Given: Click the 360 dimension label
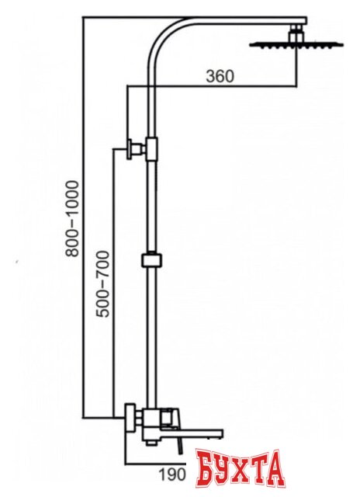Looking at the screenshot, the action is (220, 76).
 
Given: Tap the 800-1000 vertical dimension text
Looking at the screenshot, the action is (71, 218).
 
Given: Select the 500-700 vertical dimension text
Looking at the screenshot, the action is (102, 283).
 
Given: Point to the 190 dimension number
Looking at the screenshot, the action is (171, 474).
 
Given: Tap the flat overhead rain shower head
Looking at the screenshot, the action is (296, 44).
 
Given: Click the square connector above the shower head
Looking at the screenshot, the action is (296, 33).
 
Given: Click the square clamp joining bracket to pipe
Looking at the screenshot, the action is (151, 149).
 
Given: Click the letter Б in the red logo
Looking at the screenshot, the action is (206, 470).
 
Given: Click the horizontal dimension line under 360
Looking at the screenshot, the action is (212, 85).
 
